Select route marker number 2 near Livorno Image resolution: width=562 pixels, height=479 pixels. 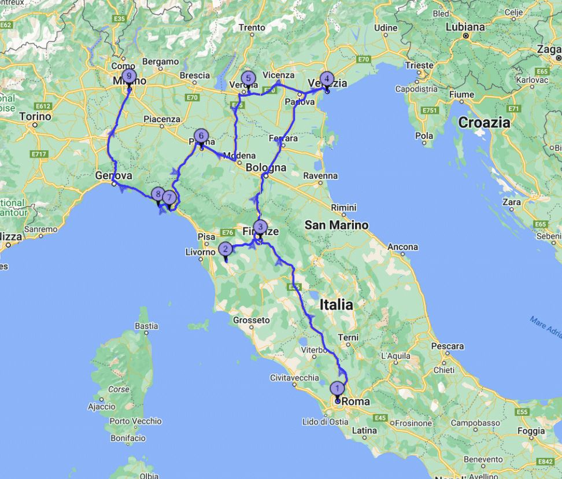click(225, 249)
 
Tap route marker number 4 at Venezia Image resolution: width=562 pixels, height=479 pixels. click(327, 78)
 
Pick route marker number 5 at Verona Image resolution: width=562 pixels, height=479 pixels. click(248, 78)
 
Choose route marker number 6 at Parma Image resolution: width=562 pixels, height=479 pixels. click(201, 136)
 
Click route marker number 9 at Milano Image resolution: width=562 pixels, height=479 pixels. click(129, 76)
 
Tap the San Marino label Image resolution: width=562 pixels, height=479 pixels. click(337, 225)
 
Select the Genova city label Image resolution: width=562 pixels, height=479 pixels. click(114, 175)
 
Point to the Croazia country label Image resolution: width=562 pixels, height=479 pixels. click(484, 123)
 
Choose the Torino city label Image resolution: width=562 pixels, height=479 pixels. click(36, 116)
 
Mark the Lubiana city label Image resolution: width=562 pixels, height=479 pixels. click(465, 27)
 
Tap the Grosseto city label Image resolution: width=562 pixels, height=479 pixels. click(252, 319)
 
